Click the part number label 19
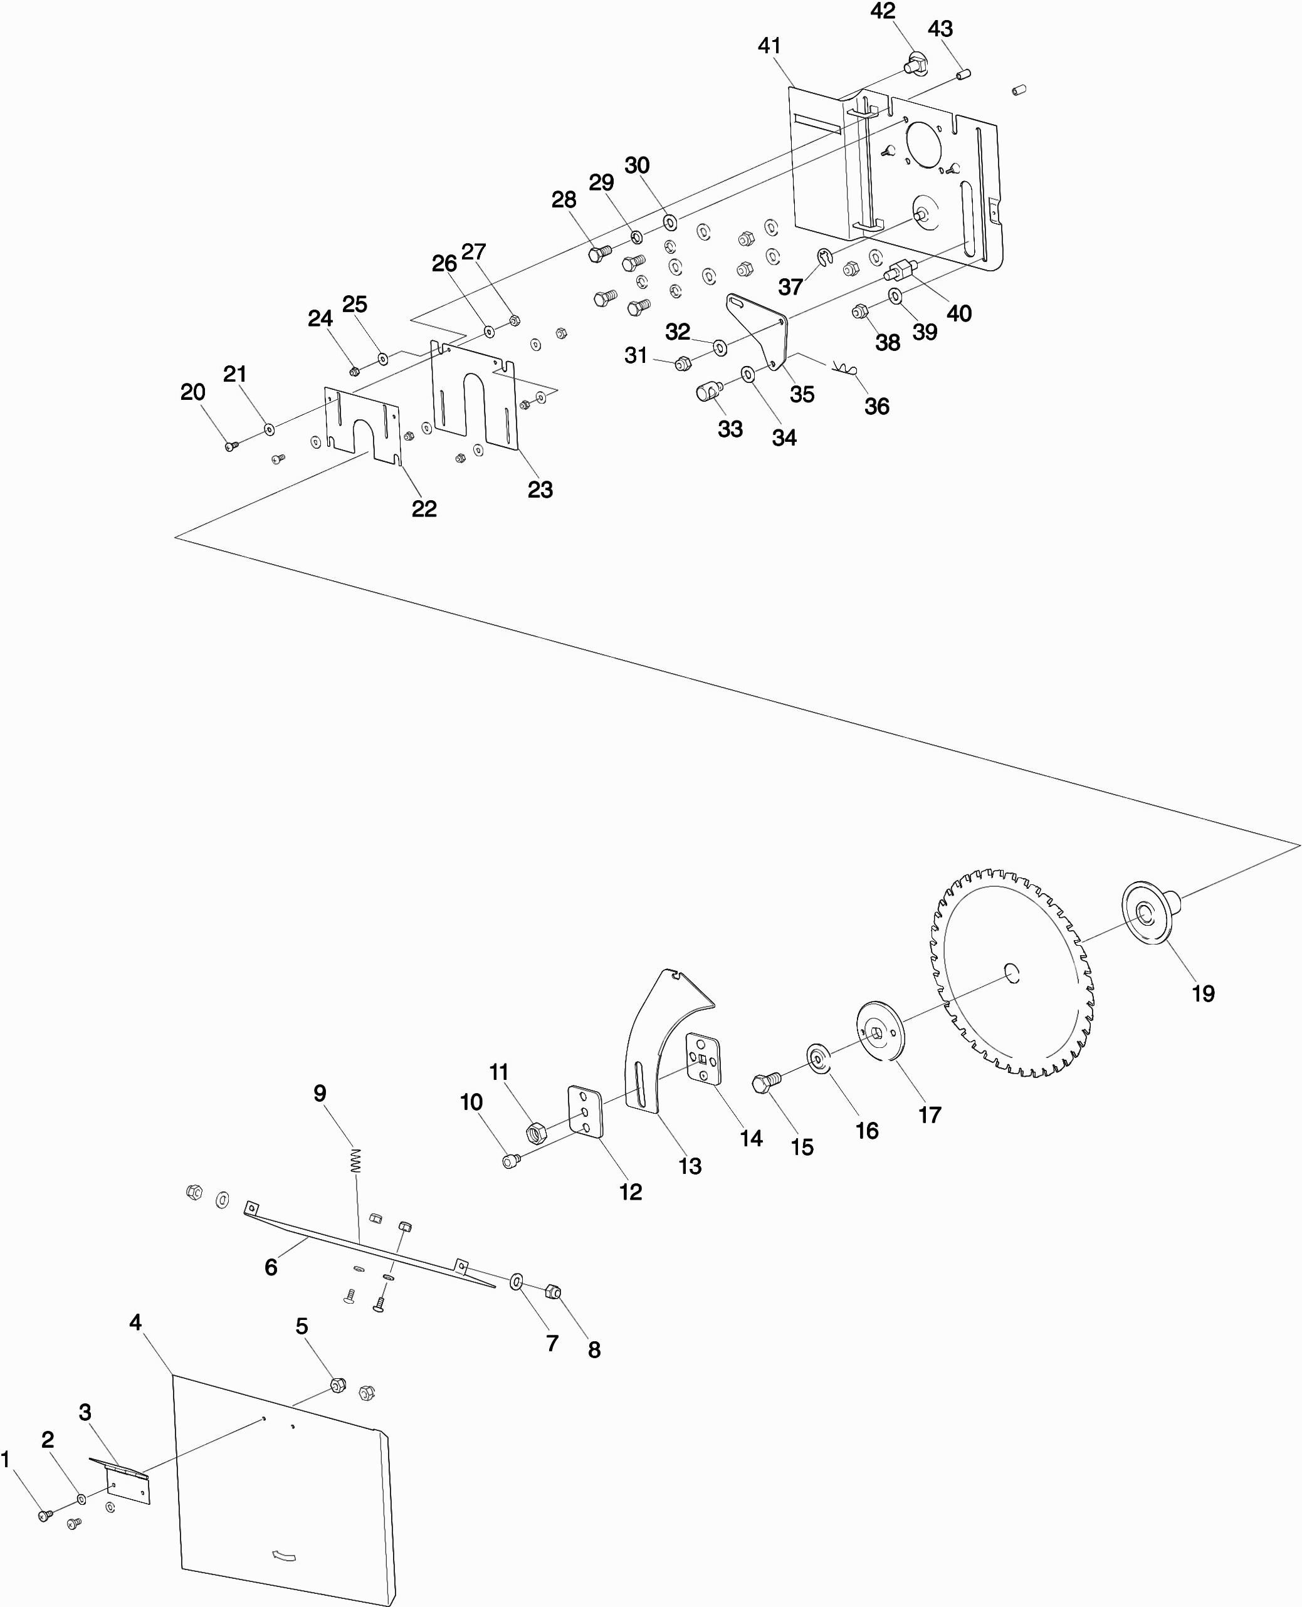[1203, 993]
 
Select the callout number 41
[770, 46]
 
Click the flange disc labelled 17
[881, 1031]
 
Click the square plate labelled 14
[703, 1058]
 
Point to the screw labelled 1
[45, 1515]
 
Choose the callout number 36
[877, 406]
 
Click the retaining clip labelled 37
[825, 258]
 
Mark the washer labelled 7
[517, 1281]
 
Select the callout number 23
[540, 489]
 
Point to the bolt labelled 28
[598, 253]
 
